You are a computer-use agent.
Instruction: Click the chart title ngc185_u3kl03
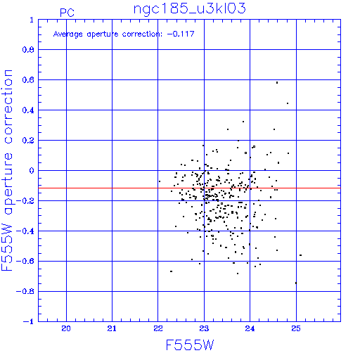[x=189, y=9]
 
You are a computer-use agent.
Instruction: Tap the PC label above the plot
[x=67, y=13]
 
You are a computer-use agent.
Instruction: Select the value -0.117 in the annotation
[x=181, y=34]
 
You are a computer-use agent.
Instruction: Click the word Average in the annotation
[x=68, y=34]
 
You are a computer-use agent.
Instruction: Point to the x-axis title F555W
[x=190, y=345]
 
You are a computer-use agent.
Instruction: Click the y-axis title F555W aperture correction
[x=7, y=170]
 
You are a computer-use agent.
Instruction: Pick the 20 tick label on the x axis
[x=66, y=328]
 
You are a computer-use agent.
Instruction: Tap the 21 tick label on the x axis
[x=112, y=328]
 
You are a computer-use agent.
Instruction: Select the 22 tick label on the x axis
[x=158, y=328]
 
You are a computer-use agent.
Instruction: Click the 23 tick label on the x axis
[x=204, y=328]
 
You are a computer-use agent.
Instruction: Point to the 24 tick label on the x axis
[x=250, y=328]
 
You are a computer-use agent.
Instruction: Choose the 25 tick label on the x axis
[x=296, y=328]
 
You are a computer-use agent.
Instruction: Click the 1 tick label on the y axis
[x=32, y=20]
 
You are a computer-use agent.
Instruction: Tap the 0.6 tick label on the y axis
[x=28, y=80]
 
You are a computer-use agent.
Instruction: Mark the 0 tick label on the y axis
[x=32, y=170]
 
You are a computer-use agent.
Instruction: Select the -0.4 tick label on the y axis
[x=25, y=231]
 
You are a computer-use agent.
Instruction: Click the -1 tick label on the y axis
[x=28, y=321]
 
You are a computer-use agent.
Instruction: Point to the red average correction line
[x=189, y=188]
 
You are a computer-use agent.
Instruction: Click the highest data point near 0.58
[x=277, y=82]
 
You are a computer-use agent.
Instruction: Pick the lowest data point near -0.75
[x=296, y=283]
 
